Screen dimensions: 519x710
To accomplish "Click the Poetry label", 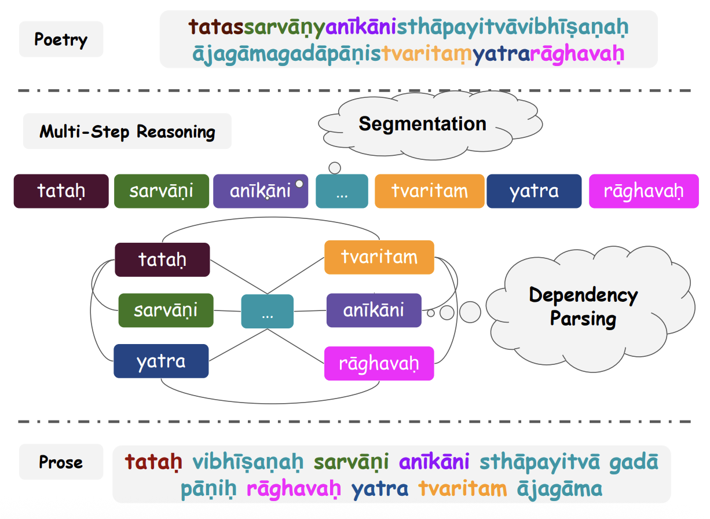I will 61,39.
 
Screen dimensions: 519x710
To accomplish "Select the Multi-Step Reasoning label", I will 127,131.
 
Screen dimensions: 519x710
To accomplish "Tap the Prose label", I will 61,462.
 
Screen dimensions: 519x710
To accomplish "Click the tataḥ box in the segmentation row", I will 61,191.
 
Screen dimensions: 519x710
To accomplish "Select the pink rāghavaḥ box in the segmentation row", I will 643,191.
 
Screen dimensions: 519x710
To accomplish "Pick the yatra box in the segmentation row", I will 534,191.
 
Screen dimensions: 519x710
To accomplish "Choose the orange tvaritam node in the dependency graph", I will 379,257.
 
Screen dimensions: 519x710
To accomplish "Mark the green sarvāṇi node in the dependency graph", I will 166,310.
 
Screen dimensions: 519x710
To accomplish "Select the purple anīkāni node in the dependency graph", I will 374,310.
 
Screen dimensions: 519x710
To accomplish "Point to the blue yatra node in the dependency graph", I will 161,361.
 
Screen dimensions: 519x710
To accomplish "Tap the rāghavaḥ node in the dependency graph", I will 379,364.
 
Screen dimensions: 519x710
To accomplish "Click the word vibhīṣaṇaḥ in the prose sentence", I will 248,462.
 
